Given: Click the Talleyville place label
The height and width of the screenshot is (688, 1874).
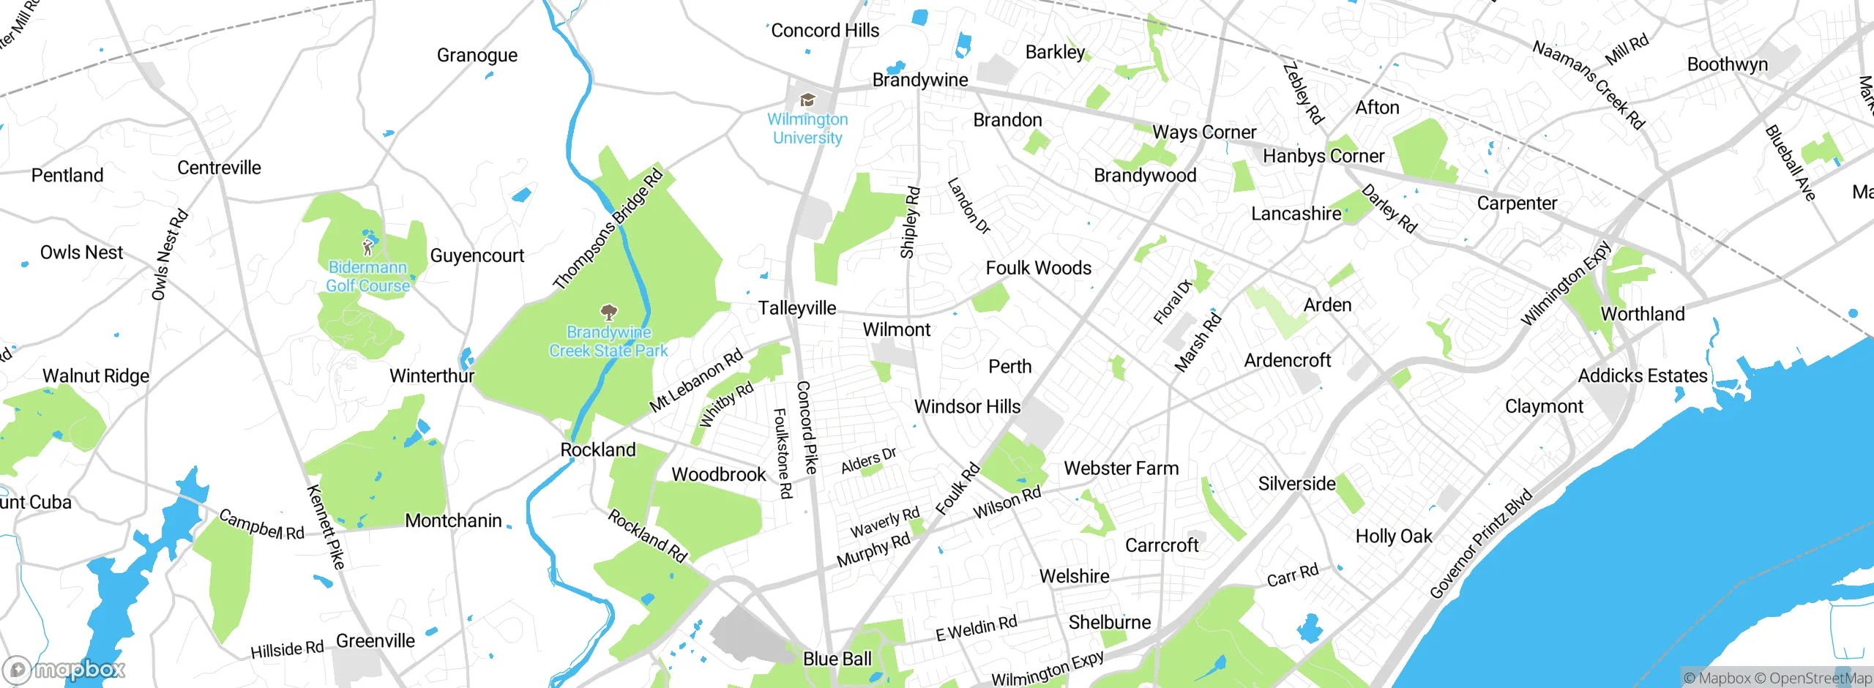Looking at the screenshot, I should (796, 308).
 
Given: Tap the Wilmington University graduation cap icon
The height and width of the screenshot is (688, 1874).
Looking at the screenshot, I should (807, 100).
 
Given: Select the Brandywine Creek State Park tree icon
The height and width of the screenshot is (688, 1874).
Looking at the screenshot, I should (608, 313).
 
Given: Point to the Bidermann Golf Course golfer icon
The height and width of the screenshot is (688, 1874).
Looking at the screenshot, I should (368, 247).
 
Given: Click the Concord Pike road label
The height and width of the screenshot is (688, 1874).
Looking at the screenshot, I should (806, 427).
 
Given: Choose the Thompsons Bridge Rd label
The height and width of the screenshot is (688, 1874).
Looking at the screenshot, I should (607, 229).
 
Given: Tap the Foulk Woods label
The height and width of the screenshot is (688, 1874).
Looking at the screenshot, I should (1038, 268).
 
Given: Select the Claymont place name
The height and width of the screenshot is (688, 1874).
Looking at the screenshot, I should (1544, 406).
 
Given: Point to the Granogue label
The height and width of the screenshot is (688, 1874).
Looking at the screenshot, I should (477, 55).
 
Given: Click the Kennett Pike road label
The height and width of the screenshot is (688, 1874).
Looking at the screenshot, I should (326, 526).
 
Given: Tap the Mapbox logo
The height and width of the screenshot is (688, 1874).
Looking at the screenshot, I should (64, 669).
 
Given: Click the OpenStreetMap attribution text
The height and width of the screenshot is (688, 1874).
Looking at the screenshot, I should (1820, 678).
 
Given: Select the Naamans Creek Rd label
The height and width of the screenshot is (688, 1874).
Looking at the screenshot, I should (1588, 85).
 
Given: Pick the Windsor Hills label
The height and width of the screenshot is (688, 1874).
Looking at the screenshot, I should (967, 406).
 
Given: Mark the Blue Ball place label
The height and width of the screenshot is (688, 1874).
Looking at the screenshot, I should (837, 659).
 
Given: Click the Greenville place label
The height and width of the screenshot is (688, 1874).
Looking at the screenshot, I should (375, 640).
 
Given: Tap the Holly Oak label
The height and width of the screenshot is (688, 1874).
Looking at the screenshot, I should (1393, 536).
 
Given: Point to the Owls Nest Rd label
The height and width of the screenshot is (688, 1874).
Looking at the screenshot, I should (170, 255).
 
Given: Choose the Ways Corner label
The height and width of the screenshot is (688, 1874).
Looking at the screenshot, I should (1203, 132).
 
